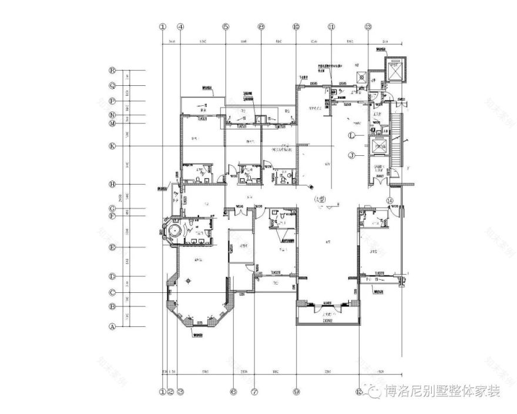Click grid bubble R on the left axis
[112, 69]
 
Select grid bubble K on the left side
[112, 146]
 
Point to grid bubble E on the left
[112, 248]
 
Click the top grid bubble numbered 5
[225, 27]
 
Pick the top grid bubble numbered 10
[296, 27]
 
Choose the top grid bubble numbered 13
[368, 27]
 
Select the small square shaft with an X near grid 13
[359, 77]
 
